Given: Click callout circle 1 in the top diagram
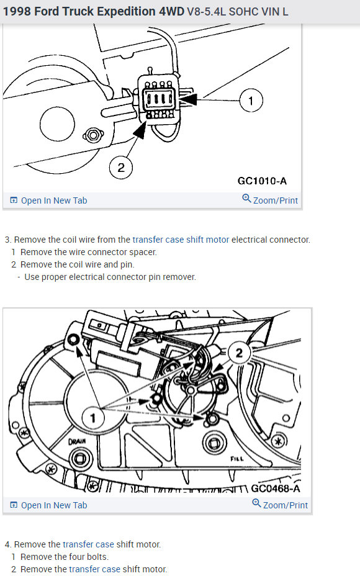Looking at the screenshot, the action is coord(251,101).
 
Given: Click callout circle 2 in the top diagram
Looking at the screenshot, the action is coord(121,168).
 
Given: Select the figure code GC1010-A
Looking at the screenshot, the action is coord(263,181).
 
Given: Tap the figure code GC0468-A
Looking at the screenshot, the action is coord(276,488).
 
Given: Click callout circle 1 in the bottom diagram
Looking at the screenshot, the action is coord(93,418).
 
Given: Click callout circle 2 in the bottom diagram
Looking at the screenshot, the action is coord(239,353).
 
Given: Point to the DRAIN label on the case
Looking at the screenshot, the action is coord(77,441).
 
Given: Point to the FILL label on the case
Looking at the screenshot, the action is coord(237,459).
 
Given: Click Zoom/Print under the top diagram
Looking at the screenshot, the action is coord(270,200).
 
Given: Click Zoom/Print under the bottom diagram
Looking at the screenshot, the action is coord(280,505).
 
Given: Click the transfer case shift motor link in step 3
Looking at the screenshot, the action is coord(181,240).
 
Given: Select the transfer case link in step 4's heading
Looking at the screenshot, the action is coord(88,544).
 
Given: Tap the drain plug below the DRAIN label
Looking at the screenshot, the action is coord(79,459).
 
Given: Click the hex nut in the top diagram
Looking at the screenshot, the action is coord(93,135).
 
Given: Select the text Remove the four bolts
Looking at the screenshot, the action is coord(65,557).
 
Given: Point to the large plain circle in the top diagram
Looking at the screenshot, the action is coord(57,124).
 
